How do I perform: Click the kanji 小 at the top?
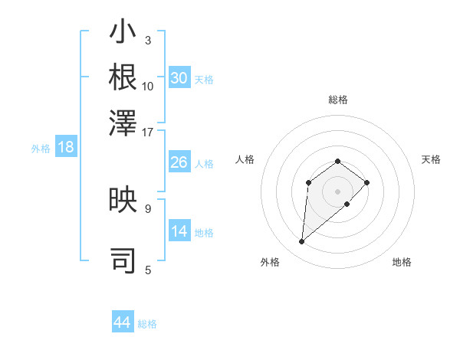(123, 34)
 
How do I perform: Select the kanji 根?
(123, 77)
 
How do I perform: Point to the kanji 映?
(123, 201)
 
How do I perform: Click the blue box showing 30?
(179, 78)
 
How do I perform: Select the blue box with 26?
(179, 162)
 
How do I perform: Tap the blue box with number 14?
(179, 231)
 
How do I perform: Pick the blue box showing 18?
(66, 148)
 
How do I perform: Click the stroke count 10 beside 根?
(148, 87)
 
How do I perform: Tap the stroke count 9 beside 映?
(148, 208)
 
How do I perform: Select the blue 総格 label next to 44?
(147, 324)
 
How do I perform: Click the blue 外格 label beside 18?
(41, 149)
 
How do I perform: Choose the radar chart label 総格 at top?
(337, 100)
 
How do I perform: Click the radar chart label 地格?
(402, 262)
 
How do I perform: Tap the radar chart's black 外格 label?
(270, 262)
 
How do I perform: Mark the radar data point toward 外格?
(302, 242)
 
